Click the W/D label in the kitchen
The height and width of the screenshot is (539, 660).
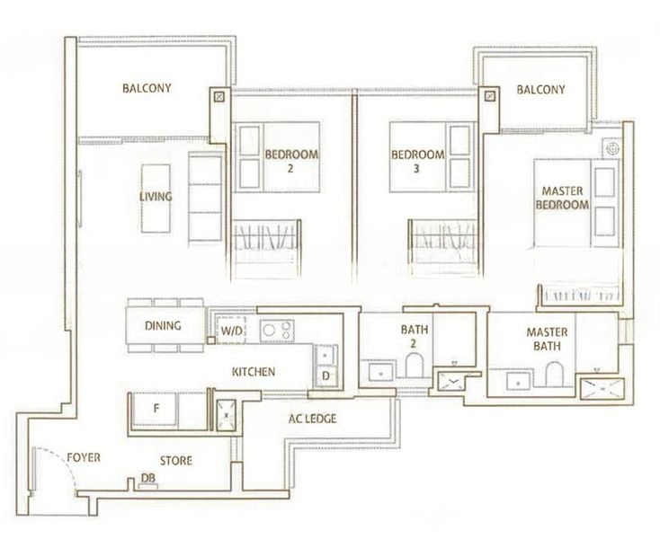[232, 331]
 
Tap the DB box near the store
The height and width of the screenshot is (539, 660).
[148, 486]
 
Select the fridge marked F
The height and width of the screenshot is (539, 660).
[156, 408]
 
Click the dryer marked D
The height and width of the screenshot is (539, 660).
[326, 376]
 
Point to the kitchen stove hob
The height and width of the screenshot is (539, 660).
[277, 331]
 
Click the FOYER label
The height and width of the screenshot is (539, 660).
[84, 457]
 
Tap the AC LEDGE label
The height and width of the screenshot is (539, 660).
[312, 419]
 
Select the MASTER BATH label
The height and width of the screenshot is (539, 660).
[547, 339]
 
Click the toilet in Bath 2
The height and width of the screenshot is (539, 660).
[415, 365]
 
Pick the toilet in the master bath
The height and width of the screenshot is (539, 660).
[555, 374]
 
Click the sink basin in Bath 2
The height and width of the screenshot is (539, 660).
[381, 373]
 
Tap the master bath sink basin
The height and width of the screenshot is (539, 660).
[519, 382]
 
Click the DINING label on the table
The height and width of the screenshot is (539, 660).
[163, 325]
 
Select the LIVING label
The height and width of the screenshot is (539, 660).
[156, 197]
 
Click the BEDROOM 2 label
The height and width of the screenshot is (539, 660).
[291, 161]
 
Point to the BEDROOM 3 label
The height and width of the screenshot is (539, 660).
[417, 162]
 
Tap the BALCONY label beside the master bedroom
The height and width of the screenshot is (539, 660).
[541, 90]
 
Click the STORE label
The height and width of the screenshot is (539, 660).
[176, 461]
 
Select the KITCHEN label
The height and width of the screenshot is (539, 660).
[254, 372]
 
